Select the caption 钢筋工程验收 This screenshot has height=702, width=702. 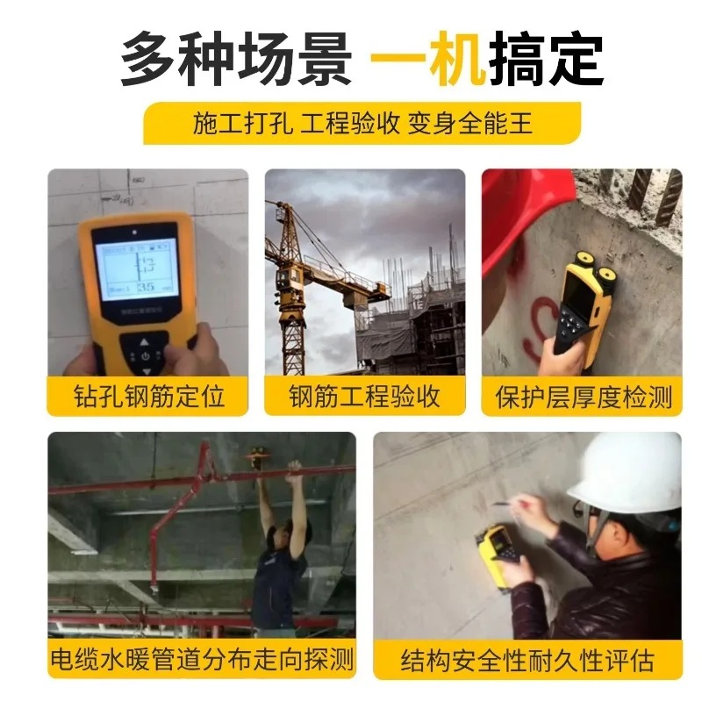coord(364,396)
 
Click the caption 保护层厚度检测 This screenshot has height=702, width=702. coord(583,396)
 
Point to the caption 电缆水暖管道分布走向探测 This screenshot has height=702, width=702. coord(202,659)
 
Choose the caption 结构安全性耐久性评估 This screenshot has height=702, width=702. coord(527,660)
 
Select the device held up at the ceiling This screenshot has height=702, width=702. coord(258,455)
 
